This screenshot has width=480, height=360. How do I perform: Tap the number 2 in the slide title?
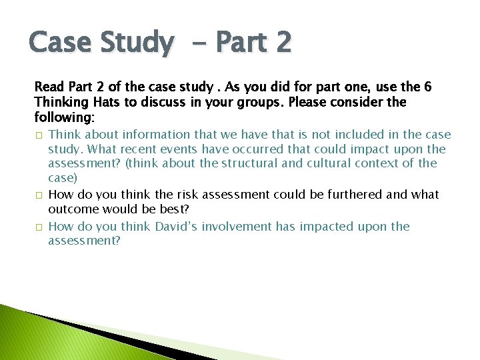point(283,43)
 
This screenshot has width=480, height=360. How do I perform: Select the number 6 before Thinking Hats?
point(428,87)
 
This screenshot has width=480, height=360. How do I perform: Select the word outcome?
point(71,209)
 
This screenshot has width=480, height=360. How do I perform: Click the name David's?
point(172,227)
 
